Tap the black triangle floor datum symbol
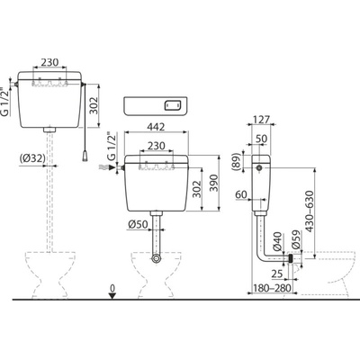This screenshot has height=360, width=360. point(111,299)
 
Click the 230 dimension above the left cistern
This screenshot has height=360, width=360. point(51,62)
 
